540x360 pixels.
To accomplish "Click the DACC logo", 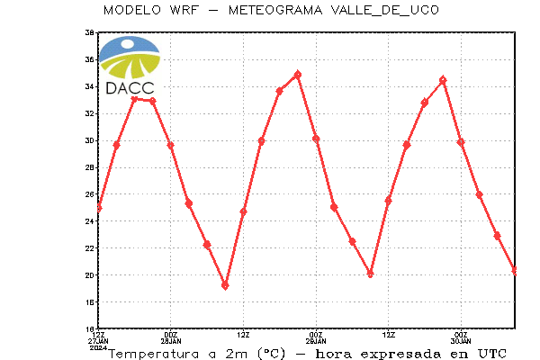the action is (130, 66).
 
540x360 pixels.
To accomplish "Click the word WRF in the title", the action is (184, 10).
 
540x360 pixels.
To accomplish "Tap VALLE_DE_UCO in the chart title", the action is (385, 10).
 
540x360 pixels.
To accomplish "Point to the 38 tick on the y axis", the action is (89, 32).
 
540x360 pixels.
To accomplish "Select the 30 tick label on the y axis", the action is (89, 140).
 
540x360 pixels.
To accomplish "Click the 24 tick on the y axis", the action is (89, 221).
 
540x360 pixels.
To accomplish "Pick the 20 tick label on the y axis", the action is (89, 275).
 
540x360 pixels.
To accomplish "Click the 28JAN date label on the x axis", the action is (171, 341).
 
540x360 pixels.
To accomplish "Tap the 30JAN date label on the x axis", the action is (461, 341).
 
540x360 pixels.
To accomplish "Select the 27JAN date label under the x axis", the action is (98, 341).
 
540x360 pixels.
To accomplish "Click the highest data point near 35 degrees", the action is (298, 75).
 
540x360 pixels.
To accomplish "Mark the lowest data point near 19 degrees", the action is (225, 286).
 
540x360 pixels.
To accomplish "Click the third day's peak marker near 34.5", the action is (443, 80).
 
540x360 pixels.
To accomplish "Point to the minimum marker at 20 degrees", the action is (370, 274).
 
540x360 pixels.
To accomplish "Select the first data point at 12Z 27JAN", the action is (98, 208).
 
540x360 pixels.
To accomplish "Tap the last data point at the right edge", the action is (515, 271).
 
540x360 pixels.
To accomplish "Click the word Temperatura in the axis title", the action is (154, 354).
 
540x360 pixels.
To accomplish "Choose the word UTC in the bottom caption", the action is (492, 354).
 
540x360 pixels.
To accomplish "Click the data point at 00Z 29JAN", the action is (316, 139).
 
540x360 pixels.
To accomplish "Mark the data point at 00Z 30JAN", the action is (461, 142).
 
